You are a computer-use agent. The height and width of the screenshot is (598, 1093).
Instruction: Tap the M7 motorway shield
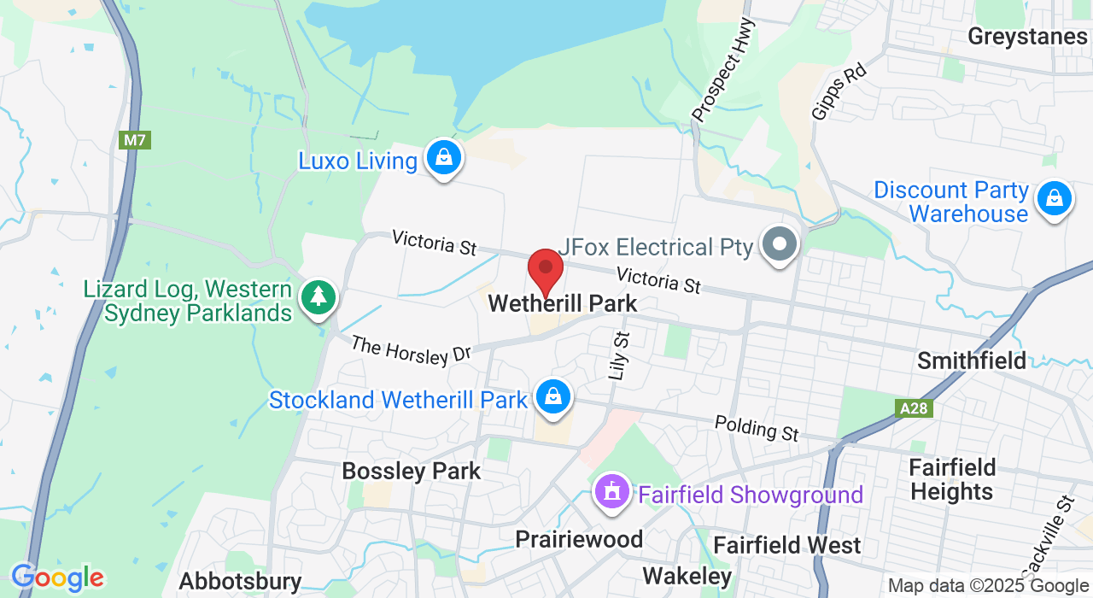point(135,140)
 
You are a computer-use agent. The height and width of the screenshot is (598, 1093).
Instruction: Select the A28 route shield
point(914,409)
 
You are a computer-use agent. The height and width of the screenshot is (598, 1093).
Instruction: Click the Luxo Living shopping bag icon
point(444,157)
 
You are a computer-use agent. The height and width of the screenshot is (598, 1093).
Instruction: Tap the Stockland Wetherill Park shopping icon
point(553,397)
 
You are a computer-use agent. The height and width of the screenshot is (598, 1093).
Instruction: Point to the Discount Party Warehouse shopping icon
point(1055,199)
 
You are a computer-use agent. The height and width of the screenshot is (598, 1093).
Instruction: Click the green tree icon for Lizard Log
point(319,297)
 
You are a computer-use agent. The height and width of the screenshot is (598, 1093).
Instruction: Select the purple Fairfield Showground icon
point(612,493)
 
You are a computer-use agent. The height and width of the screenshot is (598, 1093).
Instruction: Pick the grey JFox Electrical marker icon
point(779,244)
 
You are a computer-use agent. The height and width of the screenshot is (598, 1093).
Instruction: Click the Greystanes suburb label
point(1028,36)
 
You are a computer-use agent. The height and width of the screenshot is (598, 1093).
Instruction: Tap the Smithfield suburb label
point(972,361)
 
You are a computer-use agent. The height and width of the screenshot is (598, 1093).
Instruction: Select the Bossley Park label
point(412,471)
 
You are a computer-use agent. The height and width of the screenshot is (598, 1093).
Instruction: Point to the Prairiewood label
point(579,539)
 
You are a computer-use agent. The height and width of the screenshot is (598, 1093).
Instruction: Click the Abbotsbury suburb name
point(240,582)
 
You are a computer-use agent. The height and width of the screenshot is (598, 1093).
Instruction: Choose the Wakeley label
point(687,575)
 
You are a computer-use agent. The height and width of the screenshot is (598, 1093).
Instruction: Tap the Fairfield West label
point(786,545)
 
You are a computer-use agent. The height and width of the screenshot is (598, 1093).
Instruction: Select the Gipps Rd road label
point(839,91)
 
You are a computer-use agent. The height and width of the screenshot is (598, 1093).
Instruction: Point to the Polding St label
point(757,428)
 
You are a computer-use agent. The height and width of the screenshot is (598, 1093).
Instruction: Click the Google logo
point(57,578)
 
